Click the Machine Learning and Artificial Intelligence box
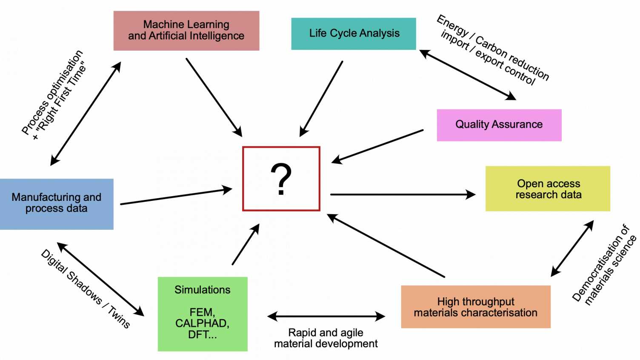[186, 31]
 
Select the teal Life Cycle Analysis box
[354, 34]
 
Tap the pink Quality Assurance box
[499, 125]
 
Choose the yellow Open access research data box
[548, 189]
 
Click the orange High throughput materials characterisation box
[475, 307]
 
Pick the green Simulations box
[202, 314]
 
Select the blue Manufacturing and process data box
[56, 204]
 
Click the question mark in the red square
[281, 179]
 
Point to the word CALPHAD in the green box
[202, 323]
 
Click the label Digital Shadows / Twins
[85, 289]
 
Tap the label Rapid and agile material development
[326, 338]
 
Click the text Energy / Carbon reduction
[494, 47]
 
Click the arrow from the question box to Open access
[402, 194]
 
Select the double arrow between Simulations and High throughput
[326, 316]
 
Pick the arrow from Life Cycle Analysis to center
[321, 98]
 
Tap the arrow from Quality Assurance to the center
[377, 146]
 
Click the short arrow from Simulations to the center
[246, 245]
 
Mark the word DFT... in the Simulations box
[202, 335]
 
